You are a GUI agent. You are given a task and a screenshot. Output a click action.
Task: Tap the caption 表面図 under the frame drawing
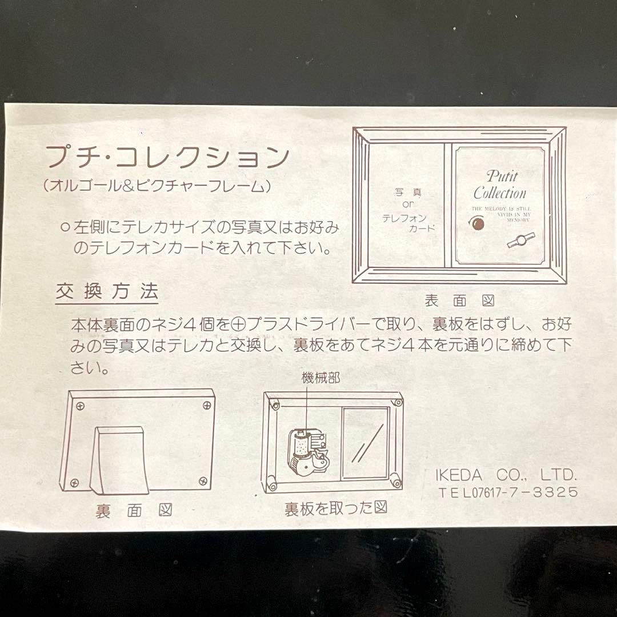[x=459, y=301]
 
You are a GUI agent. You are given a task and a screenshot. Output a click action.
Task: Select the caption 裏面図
[x=134, y=510]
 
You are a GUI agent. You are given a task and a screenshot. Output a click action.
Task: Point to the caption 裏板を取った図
[x=336, y=508]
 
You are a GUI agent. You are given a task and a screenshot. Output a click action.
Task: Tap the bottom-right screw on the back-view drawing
[x=202, y=481]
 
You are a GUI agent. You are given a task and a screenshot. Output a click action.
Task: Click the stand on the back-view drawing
[x=119, y=461]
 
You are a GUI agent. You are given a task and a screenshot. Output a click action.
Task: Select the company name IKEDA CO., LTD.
[x=503, y=475]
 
